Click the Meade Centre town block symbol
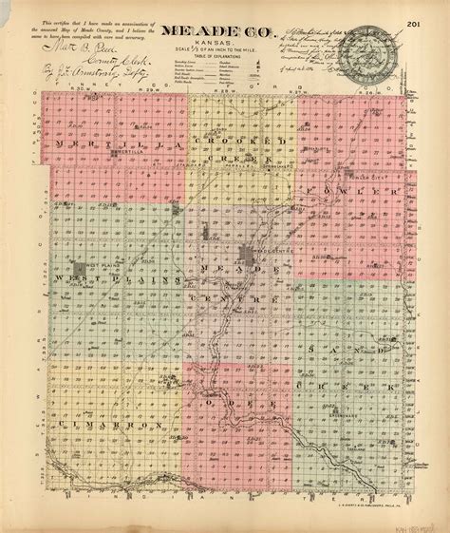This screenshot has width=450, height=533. pyautogui.click(x=250, y=254)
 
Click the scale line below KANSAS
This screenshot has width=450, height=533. pyautogui.click(x=225, y=55)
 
